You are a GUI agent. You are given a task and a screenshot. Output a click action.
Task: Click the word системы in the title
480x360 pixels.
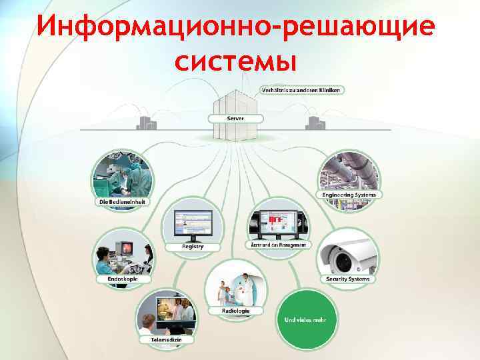pos(234,62)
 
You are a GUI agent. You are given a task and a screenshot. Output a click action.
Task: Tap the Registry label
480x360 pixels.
pos(193,247)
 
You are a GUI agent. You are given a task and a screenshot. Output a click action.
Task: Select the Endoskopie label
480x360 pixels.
pos(124,279)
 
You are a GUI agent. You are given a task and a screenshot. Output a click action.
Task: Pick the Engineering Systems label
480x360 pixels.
pos(349,195)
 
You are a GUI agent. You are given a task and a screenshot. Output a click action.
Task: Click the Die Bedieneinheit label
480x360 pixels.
pos(122,201)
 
